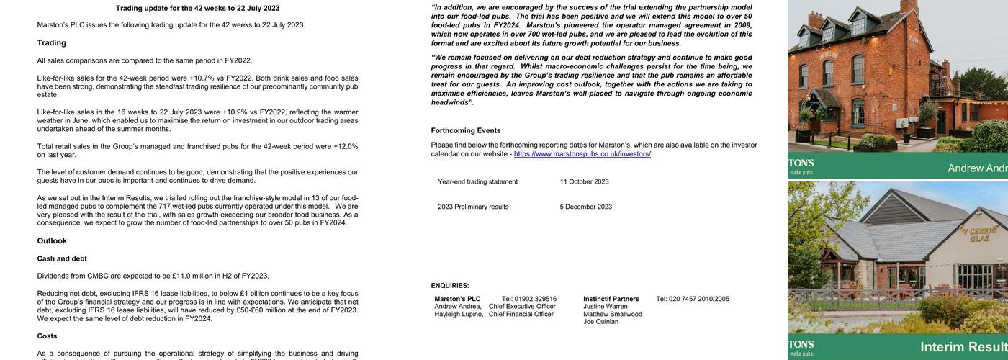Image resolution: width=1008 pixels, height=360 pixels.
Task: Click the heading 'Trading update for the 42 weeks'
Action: click(x=197, y=9)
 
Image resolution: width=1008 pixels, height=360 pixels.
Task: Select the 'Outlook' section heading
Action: click(x=52, y=241)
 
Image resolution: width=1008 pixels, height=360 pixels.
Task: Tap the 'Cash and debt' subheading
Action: click(x=62, y=258)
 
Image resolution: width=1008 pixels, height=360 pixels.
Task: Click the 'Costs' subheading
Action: click(x=47, y=336)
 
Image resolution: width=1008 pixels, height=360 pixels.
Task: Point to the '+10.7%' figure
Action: click(x=202, y=78)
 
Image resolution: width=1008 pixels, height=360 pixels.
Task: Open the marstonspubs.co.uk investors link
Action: click(x=582, y=154)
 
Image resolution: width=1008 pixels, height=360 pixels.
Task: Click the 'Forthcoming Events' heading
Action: click(x=466, y=131)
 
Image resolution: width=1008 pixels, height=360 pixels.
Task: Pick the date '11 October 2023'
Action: click(x=584, y=181)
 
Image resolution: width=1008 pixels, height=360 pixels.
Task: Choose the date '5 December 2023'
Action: click(x=586, y=207)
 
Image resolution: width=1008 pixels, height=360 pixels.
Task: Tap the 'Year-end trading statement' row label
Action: click(x=477, y=181)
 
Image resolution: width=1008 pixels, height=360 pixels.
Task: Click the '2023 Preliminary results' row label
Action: click(x=473, y=207)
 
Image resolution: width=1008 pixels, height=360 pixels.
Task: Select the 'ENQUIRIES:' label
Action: click(x=450, y=286)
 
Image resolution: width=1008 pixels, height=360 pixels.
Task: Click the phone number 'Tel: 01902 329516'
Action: click(x=528, y=299)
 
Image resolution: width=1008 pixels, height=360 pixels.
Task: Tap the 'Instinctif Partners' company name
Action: click(x=611, y=299)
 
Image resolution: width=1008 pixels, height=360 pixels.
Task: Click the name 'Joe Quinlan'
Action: click(x=600, y=322)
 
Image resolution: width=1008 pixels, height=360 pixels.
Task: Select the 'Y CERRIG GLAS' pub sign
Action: click(x=983, y=235)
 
